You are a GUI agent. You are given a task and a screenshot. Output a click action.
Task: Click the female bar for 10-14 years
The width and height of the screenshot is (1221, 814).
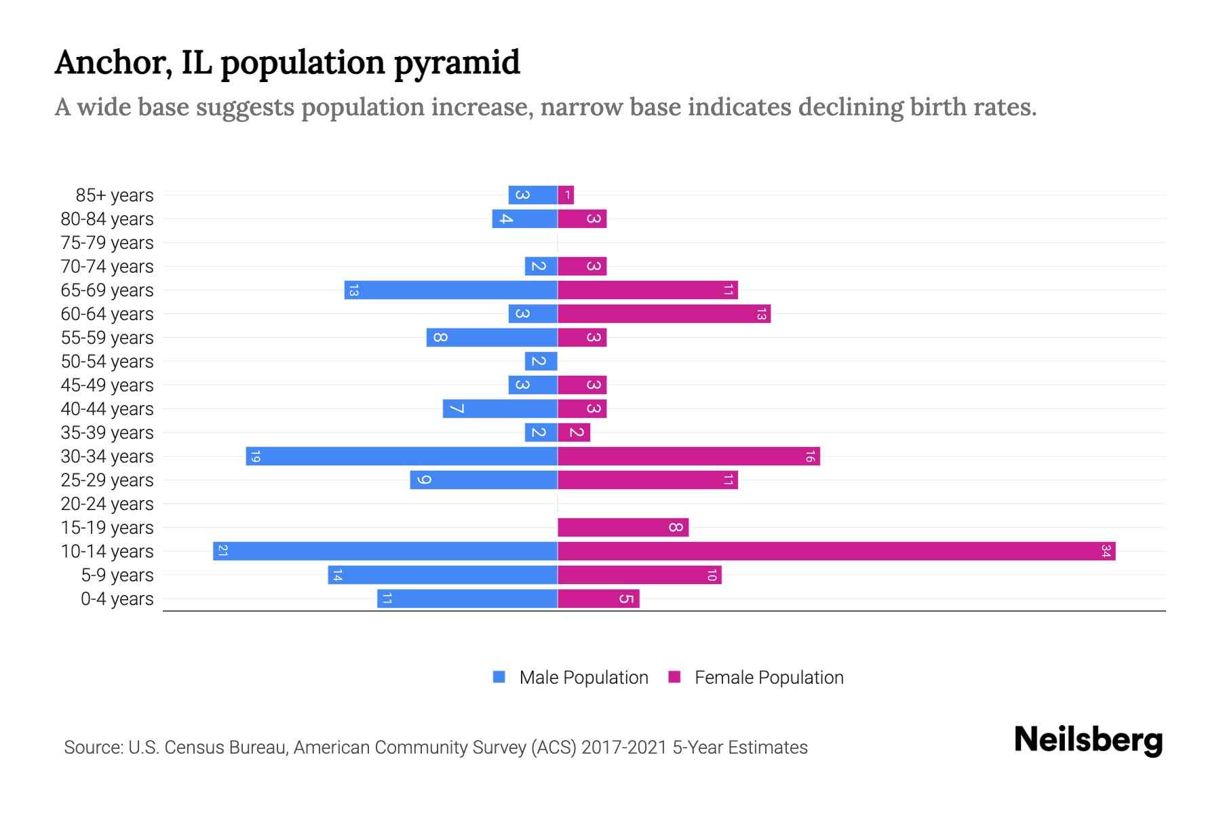coord(836,551)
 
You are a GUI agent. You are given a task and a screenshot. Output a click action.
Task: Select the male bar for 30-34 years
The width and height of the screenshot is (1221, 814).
coord(402,457)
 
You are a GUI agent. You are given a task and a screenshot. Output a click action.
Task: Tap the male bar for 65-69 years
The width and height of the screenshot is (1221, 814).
coord(450,290)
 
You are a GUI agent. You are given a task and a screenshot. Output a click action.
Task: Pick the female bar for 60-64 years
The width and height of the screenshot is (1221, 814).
coord(663,314)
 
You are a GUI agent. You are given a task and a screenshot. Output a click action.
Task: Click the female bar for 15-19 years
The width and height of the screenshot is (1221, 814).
coord(623,528)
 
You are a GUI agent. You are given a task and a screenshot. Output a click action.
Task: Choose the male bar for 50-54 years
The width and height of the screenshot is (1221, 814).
coord(541,362)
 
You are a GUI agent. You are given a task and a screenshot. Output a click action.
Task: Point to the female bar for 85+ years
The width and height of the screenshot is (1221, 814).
coord(566,195)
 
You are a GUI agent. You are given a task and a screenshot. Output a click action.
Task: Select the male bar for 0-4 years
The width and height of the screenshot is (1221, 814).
coord(467,599)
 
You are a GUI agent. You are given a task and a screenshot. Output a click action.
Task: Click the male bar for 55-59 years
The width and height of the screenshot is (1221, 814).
coord(492,338)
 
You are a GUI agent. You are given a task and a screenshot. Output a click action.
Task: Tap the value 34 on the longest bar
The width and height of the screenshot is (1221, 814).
coord(1106,551)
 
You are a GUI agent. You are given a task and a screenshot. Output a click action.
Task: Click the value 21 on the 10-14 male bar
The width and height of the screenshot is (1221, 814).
coord(222,551)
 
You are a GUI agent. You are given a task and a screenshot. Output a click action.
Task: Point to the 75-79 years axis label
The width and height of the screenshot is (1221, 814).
coord(107,243)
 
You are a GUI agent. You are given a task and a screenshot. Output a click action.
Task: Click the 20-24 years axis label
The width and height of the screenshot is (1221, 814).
coord(107,504)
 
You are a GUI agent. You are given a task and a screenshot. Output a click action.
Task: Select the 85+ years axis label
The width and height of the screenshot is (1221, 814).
coord(115,195)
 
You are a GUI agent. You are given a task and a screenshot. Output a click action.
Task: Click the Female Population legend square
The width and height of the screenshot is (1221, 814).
coord(674,677)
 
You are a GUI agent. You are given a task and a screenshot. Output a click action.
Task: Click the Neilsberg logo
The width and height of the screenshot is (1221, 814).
coord(1088,739)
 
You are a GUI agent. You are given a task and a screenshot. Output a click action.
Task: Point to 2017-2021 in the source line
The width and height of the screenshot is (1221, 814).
coord(624,748)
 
